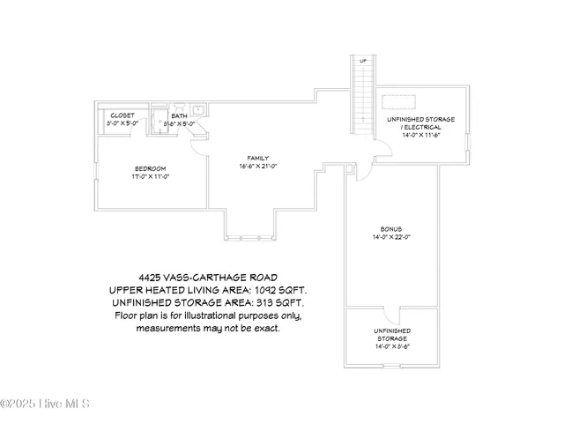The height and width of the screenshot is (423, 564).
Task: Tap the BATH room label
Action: pyautogui.click(x=179, y=115)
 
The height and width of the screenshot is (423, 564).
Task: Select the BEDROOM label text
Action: pyautogui.click(x=150, y=168)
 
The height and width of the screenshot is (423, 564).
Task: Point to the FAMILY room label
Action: pyautogui.click(x=258, y=159)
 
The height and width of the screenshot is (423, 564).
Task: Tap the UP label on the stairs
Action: pyautogui.click(x=363, y=61)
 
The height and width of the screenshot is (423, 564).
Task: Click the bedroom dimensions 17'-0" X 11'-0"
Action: pyautogui.click(x=150, y=176)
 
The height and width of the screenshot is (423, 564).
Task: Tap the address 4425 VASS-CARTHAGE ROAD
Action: pyautogui.click(x=207, y=276)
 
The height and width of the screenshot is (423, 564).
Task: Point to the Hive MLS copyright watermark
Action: pyautogui.click(x=46, y=404)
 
